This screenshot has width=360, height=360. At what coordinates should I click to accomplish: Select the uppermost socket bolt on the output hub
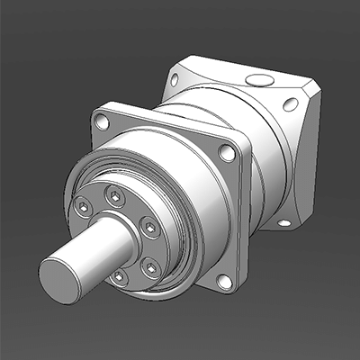(114, 194)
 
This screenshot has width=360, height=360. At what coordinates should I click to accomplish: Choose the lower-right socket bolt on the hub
(150, 265)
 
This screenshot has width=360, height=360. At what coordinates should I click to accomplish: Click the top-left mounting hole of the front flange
(102, 120)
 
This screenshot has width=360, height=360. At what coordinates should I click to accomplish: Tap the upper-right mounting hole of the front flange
(228, 153)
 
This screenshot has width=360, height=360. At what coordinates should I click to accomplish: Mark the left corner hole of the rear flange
(175, 79)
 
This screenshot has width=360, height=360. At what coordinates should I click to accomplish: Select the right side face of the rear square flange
(306, 162)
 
